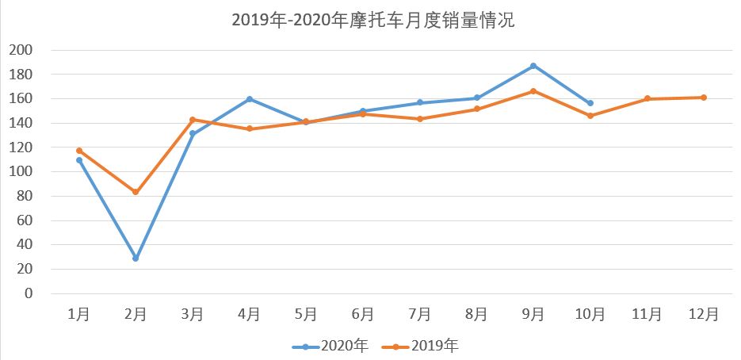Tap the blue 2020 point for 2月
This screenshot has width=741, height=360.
click(136, 259)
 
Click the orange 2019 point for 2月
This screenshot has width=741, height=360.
click(136, 192)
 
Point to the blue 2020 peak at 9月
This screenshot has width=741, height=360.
click(533, 66)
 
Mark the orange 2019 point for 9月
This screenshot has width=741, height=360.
click(533, 91)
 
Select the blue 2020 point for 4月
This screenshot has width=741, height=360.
click(250, 99)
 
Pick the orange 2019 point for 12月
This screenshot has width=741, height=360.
click(704, 98)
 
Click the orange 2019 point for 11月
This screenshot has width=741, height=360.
click(647, 98)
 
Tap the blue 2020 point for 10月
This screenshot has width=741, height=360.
click(590, 103)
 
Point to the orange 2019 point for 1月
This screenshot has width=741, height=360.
click(79, 151)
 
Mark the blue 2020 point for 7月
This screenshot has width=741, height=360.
click(420, 103)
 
